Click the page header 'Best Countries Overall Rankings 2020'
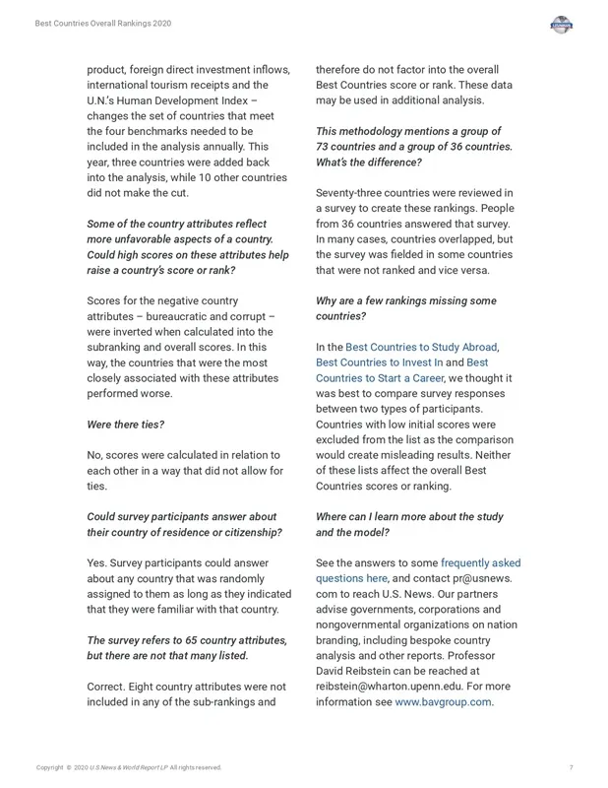pyautogui.click(x=102, y=24)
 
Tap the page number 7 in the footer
pyautogui.click(x=571, y=767)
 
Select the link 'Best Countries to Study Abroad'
pyautogui.click(x=421, y=348)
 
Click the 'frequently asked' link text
pyautogui.click(x=480, y=563)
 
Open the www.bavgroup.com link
pyautogui.click(x=443, y=702)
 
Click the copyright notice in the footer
pyautogui.click(x=129, y=767)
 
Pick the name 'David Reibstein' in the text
pyautogui.click(x=355, y=672)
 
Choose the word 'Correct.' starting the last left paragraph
pyautogui.click(x=109, y=688)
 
